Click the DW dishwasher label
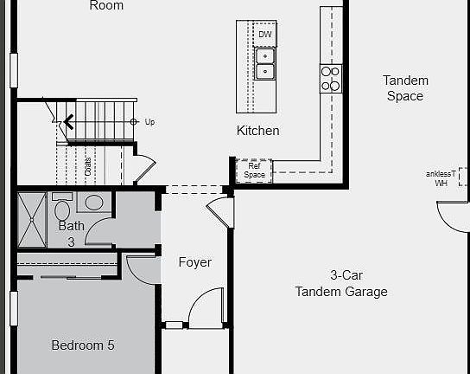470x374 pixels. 265,35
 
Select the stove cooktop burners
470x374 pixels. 330,78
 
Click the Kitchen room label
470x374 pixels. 258,131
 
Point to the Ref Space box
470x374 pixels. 254,171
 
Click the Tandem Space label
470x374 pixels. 405,88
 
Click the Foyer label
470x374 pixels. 195,262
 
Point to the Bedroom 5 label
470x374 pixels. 82,345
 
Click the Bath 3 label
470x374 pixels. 72,234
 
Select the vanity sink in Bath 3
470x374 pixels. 93,203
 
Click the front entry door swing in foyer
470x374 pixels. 207,307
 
